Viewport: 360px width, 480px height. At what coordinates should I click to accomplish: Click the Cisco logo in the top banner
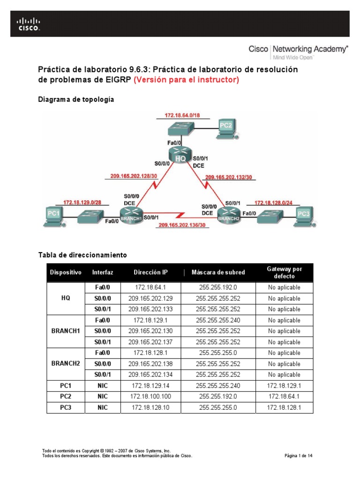coord(29,23)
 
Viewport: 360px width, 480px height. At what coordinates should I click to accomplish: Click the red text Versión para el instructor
coord(186,80)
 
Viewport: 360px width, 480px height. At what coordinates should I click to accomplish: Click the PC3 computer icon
coord(304,215)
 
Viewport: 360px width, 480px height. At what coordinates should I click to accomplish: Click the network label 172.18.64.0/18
coord(181,115)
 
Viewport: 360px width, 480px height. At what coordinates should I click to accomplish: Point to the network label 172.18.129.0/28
coord(82,202)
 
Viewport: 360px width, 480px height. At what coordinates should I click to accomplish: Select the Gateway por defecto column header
coord(284,272)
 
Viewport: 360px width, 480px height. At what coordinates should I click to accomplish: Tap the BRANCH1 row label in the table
coord(66,331)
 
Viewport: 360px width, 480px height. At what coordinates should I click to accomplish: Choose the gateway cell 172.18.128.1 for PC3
coord(284,408)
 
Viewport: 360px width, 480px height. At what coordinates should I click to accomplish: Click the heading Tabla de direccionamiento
coord(82,255)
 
